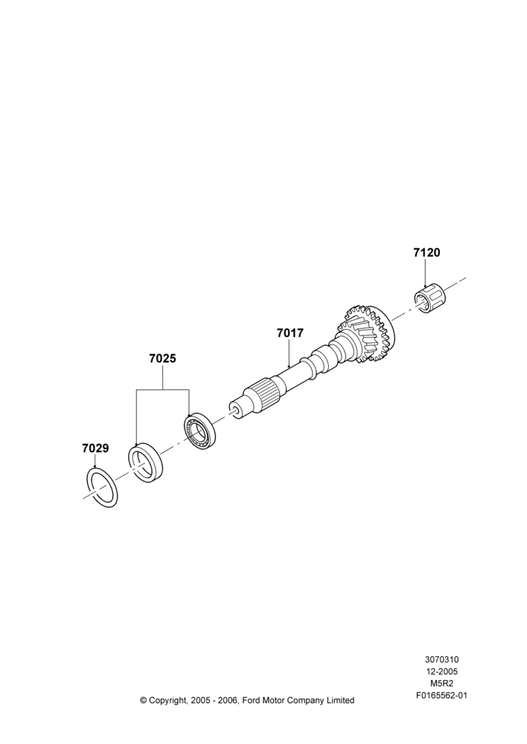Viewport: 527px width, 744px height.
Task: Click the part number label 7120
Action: [x=427, y=253]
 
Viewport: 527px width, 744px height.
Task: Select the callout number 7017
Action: [x=290, y=333]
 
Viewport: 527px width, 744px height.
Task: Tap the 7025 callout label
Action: [x=162, y=359]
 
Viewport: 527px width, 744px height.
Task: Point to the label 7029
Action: [x=95, y=448]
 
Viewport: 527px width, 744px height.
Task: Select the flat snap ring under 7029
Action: [x=102, y=487]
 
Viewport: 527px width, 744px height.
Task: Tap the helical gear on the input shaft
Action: [x=366, y=333]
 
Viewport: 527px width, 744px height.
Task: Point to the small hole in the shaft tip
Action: [x=234, y=408]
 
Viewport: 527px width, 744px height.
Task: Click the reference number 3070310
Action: [x=441, y=659]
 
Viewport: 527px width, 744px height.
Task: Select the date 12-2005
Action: [x=441, y=671]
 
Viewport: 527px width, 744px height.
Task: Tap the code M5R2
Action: [x=441, y=684]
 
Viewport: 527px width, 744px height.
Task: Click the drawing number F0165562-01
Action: [x=441, y=696]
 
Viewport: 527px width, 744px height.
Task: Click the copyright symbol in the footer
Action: [x=144, y=700]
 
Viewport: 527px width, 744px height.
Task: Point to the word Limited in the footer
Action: [x=339, y=700]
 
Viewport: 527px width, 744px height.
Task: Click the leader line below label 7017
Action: [x=289, y=354]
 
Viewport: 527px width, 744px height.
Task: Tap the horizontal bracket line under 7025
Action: [x=162, y=390]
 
